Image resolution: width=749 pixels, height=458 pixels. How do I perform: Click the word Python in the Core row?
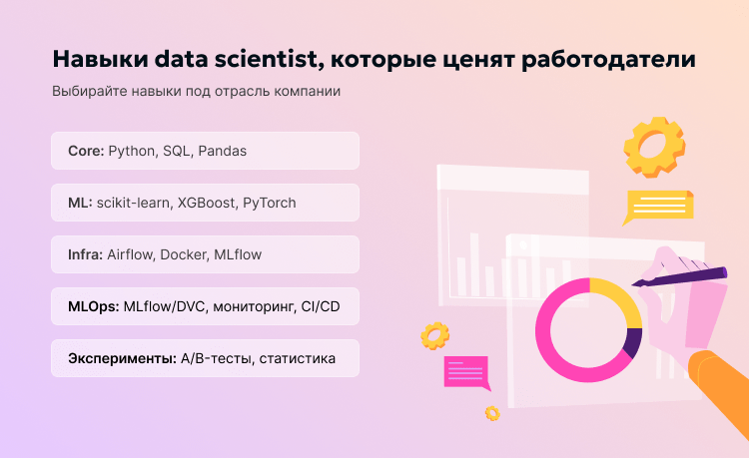coord(132,151)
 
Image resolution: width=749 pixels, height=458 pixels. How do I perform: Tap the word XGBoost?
coord(207,203)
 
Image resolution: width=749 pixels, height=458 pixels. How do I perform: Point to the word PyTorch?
coord(270,203)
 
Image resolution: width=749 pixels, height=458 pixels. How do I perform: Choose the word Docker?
coord(185,254)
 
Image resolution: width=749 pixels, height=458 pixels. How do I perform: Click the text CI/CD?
coord(321,306)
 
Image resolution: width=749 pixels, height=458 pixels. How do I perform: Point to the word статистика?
coord(298,358)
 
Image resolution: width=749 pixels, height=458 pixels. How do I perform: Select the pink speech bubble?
coord(466,370)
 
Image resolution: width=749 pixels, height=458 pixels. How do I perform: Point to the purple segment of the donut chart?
coord(631,343)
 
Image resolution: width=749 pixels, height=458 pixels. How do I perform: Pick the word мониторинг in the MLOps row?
coord(252,306)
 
